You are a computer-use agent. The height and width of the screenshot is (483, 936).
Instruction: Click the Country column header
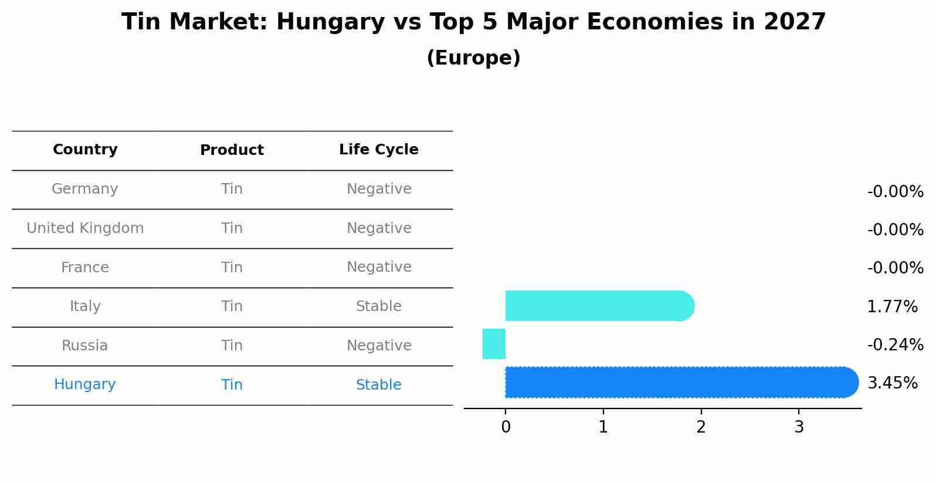[85, 150]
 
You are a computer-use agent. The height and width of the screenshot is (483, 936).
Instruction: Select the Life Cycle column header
[378, 150]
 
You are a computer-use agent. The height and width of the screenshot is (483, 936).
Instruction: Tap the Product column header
[232, 150]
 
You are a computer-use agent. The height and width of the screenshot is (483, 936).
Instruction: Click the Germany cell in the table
[85, 189]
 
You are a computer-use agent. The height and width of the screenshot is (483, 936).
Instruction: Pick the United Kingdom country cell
[85, 228]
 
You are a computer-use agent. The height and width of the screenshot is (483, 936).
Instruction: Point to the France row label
[85, 268]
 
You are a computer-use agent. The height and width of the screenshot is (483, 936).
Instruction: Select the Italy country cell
[85, 306]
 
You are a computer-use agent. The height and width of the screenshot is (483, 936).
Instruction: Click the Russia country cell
[85, 346]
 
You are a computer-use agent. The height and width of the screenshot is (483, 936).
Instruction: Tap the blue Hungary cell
[85, 384]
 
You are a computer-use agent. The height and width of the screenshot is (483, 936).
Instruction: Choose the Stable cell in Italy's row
[378, 306]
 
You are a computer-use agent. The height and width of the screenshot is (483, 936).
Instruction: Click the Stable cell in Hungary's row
[378, 385]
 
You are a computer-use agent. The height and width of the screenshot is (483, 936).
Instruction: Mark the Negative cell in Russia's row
[378, 346]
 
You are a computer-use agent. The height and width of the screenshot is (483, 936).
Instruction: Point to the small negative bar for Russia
[494, 344]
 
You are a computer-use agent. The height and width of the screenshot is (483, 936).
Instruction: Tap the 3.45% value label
[892, 383]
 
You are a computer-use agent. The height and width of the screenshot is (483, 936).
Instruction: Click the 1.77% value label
[892, 306]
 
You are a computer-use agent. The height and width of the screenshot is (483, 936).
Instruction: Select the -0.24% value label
[895, 344]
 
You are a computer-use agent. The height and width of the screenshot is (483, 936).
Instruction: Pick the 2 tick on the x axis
[701, 427]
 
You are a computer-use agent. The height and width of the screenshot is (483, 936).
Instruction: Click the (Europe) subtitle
[473, 58]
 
